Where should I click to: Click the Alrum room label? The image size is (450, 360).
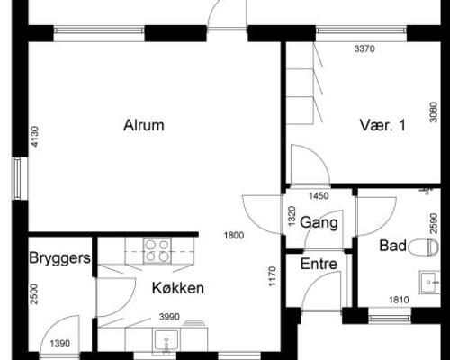(x=144, y=125)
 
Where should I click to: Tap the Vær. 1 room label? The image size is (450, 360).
(x=382, y=125)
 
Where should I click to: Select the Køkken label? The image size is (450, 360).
(x=178, y=288)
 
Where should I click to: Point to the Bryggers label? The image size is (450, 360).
(x=59, y=258)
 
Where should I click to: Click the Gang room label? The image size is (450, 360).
(x=319, y=222)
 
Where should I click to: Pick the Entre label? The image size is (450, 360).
(x=319, y=264)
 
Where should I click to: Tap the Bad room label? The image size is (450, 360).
(x=392, y=246)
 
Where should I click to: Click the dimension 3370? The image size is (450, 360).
(x=364, y=49)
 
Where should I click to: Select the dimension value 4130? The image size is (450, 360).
(x=35, y=137)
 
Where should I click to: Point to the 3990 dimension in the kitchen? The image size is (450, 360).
(x=169, y=317)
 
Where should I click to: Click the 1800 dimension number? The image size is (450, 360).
(x=234, y=235)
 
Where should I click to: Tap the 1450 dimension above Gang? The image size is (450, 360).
(x=319, y=196)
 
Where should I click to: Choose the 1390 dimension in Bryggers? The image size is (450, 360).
(x=60, y=343)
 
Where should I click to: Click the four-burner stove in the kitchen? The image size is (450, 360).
(x=157, y=251)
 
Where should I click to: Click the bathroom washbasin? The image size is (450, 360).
(x=430, y=283)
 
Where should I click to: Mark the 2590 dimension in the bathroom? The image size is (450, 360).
(x=434, y=223)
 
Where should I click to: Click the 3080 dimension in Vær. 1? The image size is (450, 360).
(x=434, y=112)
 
